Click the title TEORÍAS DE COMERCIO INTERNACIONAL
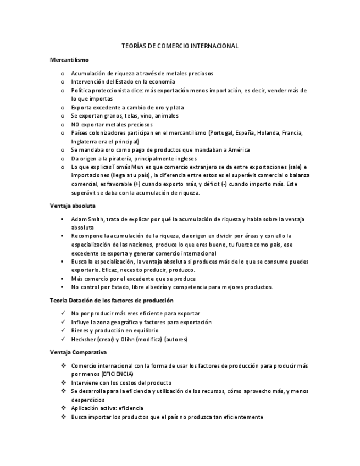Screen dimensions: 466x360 point(180,46)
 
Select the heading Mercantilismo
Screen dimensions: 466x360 point(69,59)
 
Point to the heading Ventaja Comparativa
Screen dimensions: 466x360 point(78,352)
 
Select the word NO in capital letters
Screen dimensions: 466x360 point(76,124)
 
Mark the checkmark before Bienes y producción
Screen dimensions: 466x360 point(64,330)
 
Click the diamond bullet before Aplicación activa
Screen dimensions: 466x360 point(64,408)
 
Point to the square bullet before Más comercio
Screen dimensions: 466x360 point(64,279)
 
